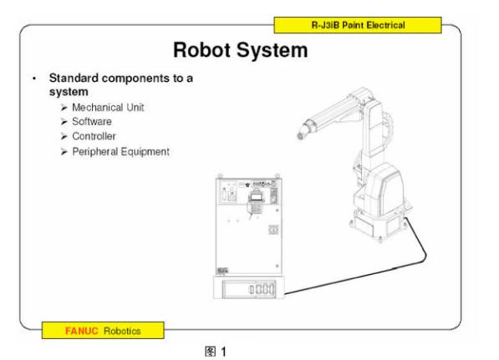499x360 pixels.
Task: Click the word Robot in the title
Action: click(x=201, y=50)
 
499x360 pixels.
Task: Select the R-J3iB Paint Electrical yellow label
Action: click(x=358, y=25)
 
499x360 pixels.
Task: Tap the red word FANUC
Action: click(x=81, y=331)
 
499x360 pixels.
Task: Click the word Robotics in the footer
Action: click(x=122, y=331)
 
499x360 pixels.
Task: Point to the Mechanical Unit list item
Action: click(x=108, y=108)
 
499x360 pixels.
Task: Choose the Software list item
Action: click(x=92, y=121)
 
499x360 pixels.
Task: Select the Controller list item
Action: click(x=94, y=136)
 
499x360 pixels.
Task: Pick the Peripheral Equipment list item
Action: click(x=120, y=151)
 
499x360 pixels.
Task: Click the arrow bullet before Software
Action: click(x=64, y=122)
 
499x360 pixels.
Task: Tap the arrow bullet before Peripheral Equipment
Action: click(x=64, y=152)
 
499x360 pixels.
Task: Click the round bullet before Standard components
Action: click(x=34, y=79)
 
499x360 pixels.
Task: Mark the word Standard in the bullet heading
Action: click(x=74, y=79)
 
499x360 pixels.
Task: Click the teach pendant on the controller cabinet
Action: click(x=255, y=203)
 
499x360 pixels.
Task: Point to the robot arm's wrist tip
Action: click(x=300, y=136)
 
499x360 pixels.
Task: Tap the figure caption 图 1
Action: click(x=216, y=352)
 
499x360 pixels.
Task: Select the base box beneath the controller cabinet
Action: click(x=248, y=288)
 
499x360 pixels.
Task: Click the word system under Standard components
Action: click(x=69, y=92)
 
